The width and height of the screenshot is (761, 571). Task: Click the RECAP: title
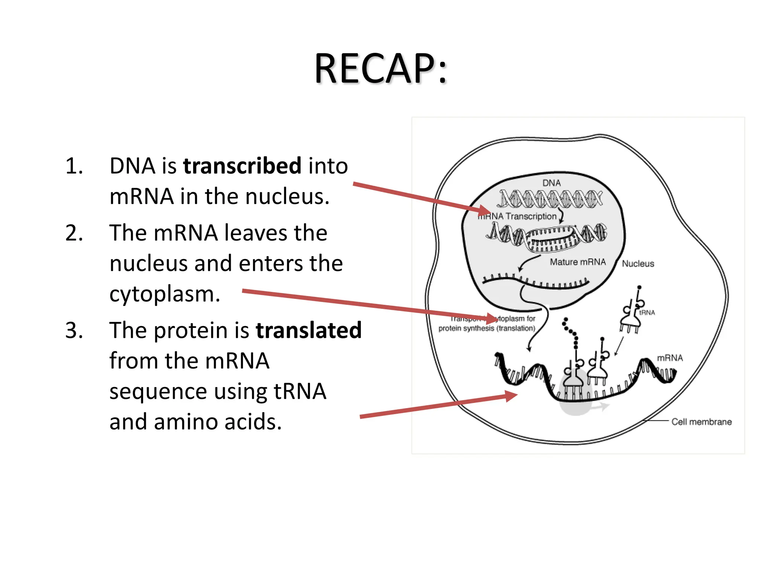(x=380, y=69)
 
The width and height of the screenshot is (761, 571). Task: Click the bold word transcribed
(x=242, y=166)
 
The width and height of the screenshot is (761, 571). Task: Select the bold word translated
(x=308, y=330)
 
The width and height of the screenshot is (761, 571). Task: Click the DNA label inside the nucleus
(x=551, y=183)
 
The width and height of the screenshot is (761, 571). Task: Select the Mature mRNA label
(x=578, y=262)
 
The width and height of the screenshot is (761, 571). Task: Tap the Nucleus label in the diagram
(x=638, y=264)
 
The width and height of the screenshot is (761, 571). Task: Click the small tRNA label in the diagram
(x=647, y=313)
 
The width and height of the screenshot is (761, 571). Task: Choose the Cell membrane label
(x=702, y=422)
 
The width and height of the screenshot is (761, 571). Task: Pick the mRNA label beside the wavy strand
(x=670, y=358)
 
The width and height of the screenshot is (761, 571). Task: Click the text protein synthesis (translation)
(x=487, y=328)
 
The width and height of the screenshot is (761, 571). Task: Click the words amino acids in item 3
(x=218, y=422)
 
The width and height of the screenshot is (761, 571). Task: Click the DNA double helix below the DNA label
(x=550, y=199)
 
